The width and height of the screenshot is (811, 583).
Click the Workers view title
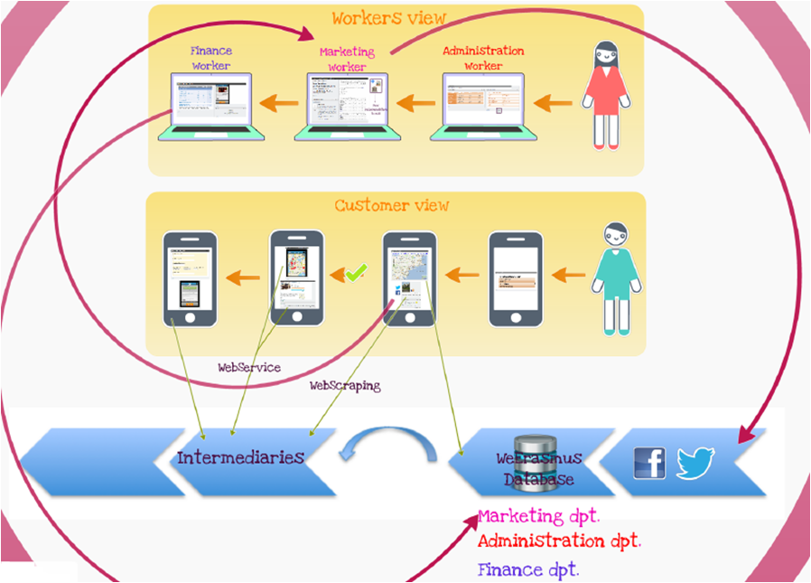(388, 18)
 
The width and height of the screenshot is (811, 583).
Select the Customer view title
(392, 205)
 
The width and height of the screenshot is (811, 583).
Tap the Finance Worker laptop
(211, 106)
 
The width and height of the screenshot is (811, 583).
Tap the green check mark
(355, 272)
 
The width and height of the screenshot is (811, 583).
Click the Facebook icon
(649, 463)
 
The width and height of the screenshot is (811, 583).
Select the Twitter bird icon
(695, 463)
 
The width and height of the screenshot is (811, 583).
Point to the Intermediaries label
(240, 456)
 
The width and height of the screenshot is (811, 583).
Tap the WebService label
(249, 368)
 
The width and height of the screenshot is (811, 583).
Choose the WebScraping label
(345, 385)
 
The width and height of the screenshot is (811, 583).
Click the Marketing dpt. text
(539, 516)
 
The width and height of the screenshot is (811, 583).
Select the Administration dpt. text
(558, 541)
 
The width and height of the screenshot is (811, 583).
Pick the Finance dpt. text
(527, 569)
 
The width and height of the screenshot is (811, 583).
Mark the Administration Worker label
(483, 58)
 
